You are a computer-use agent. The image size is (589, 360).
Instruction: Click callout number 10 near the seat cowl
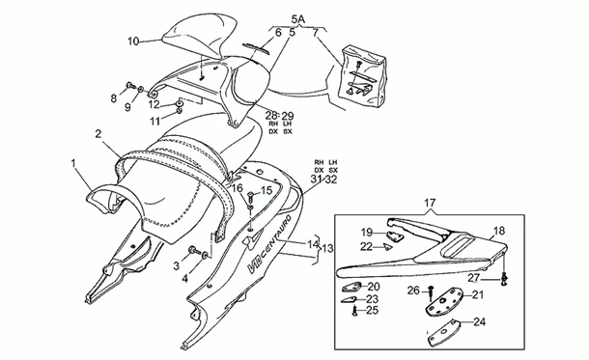[x=133, y=41]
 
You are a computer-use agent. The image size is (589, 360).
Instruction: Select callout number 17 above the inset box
[x=431, y=204]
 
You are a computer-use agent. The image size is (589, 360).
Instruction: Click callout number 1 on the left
[x=73, y=165]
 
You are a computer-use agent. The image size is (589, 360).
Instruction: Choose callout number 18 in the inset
[x=499, y=232]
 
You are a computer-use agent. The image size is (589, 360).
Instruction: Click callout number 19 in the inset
[x=367, y=233]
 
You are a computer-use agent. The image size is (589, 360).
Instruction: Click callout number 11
[x=154, y=122]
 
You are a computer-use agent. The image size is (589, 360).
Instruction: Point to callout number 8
[x=114, y=97]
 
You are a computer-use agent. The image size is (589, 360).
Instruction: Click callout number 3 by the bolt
[x=177, y=264]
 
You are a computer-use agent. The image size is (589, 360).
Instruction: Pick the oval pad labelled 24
[x=444, y=334]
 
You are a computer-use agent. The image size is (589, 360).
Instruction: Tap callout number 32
[x=332, y=180]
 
